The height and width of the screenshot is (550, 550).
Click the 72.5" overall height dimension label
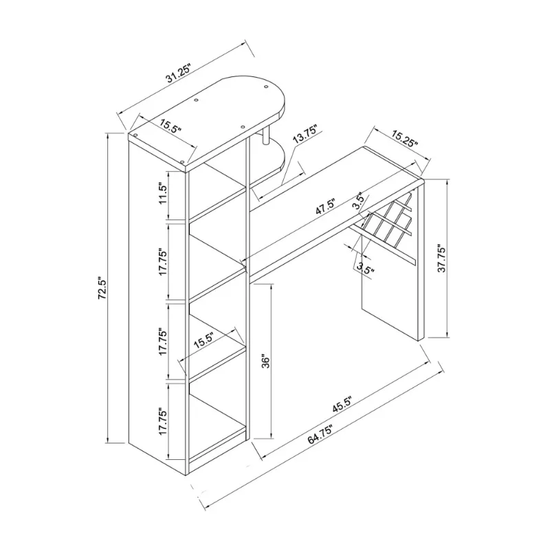(102, 289)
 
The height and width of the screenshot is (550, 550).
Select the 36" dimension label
(266, 362)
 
